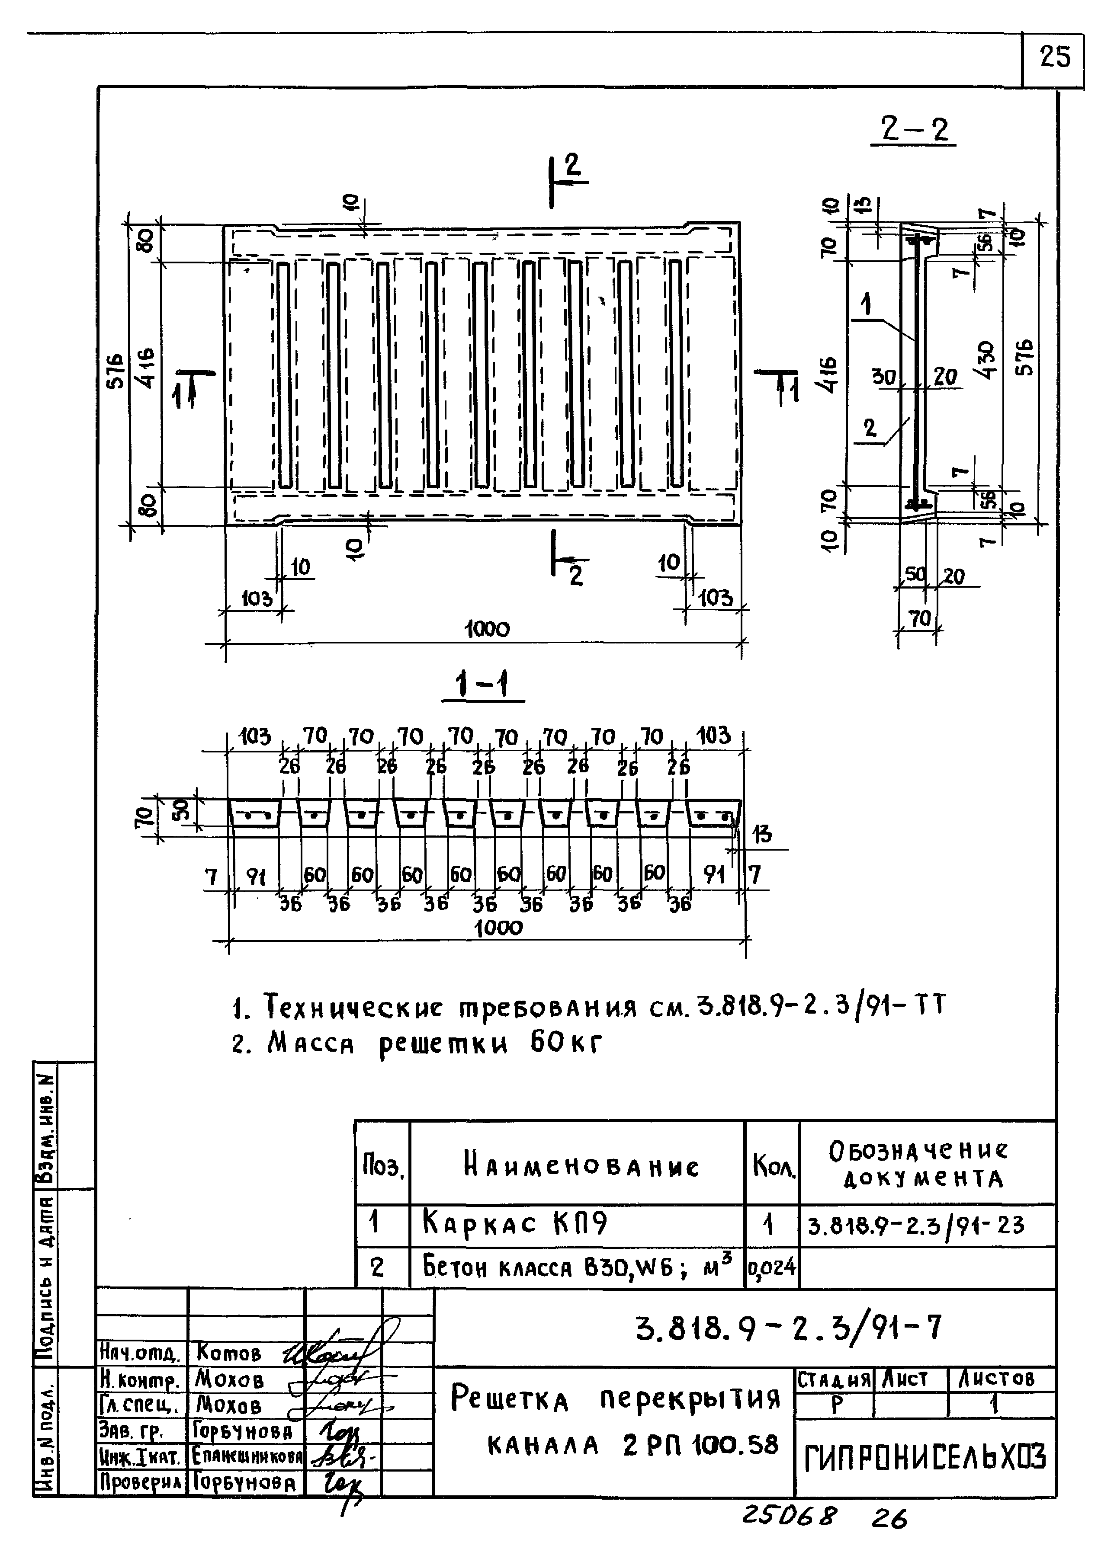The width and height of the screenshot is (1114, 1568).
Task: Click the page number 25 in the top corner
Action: (x=1054, y=57)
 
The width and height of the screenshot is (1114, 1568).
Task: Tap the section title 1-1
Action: (x=483, y=684)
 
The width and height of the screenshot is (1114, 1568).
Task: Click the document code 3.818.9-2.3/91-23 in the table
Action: (x=916, y=1225)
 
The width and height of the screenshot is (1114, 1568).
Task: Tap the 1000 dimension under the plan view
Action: (x=487, y=629)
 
